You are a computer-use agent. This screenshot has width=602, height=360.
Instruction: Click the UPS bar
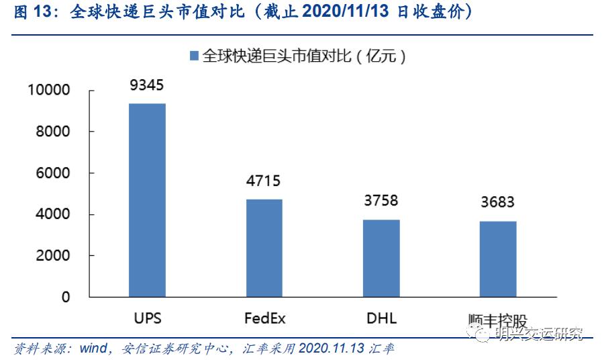(147, 200)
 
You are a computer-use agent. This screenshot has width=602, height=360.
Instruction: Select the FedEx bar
(264, 248)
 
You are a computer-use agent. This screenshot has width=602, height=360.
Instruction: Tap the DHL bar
(381, 258)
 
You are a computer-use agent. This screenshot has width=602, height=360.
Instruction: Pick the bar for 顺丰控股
(497, 259)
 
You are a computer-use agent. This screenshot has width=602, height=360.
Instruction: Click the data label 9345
(147, 85)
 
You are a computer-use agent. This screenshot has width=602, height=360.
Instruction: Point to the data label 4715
(264, 181)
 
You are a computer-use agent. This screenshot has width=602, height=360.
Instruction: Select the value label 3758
(381, 201)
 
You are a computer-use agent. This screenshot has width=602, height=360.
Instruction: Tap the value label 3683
(497, 203)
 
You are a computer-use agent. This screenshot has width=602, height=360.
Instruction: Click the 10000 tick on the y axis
(48, 90)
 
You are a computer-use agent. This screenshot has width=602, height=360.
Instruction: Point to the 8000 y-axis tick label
(52, 132)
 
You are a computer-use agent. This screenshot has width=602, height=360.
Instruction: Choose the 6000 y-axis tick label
(52, 173)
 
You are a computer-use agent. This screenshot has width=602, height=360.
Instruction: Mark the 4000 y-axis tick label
(52, 214)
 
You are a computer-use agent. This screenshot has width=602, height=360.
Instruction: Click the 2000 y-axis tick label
(52, 256)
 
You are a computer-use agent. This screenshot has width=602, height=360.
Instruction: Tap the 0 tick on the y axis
(66, 298)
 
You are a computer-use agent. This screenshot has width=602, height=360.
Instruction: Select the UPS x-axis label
(147, 317)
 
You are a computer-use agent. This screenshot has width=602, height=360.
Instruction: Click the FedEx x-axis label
(264, 317)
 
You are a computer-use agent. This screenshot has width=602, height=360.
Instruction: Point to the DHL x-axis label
(381, 317)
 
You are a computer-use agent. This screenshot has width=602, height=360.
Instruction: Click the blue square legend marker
(194, 56)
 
